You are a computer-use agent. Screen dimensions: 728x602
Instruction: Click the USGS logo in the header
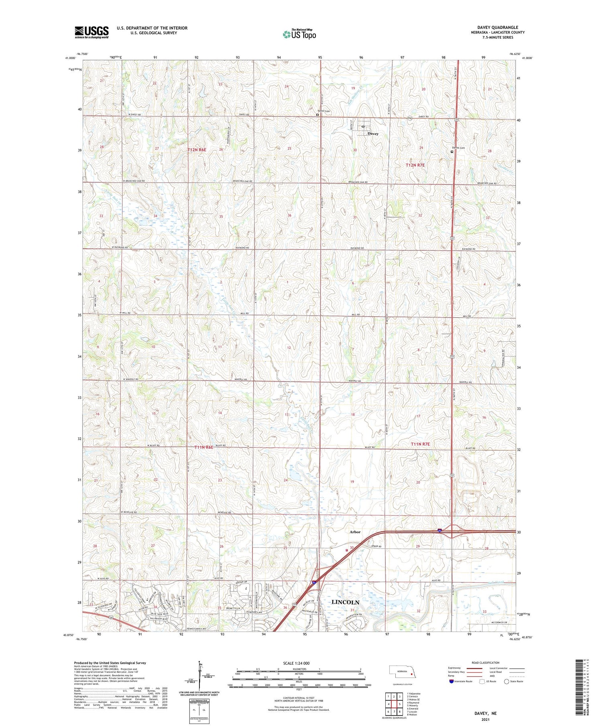coord(92,32)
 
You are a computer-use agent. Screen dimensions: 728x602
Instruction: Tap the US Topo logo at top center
coord(299,35)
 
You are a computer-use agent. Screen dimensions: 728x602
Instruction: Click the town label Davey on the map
coord(373,134)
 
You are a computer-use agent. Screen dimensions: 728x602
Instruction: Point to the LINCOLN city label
coord(346,602)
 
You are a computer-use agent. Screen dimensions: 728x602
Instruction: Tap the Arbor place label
coord(355,532)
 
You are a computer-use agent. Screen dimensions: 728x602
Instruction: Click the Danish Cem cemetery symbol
coord(452,152)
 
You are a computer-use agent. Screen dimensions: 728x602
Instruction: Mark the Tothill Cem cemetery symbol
coord(317,114)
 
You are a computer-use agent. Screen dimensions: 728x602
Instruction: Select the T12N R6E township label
coord(197,150)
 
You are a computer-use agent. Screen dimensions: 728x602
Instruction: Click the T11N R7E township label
coord(420,444)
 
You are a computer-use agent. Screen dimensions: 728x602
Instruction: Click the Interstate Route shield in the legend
coord(451,681)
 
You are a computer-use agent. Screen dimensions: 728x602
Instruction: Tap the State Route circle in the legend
coord(506,681)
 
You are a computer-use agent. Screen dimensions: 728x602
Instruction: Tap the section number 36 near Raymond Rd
coord(289,216)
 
